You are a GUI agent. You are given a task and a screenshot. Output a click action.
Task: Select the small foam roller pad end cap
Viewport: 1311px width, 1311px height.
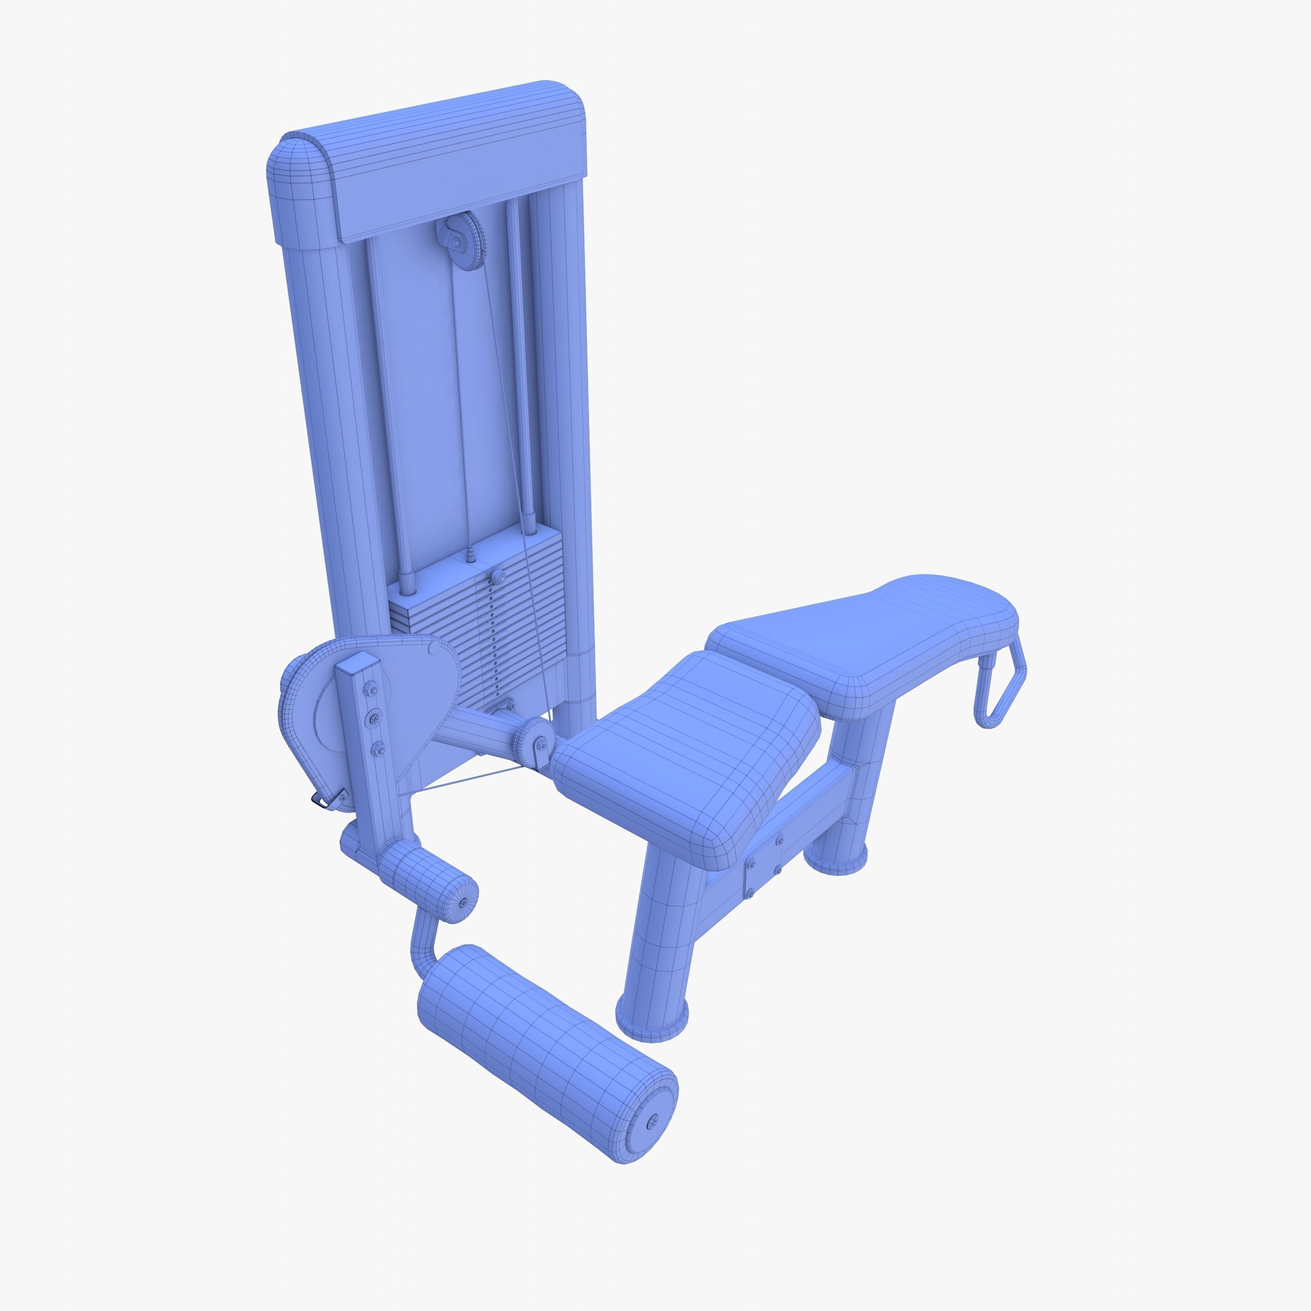(x=463, y=903)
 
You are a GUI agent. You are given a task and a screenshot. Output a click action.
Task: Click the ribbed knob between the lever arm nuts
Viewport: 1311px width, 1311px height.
(x=374, y=719)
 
